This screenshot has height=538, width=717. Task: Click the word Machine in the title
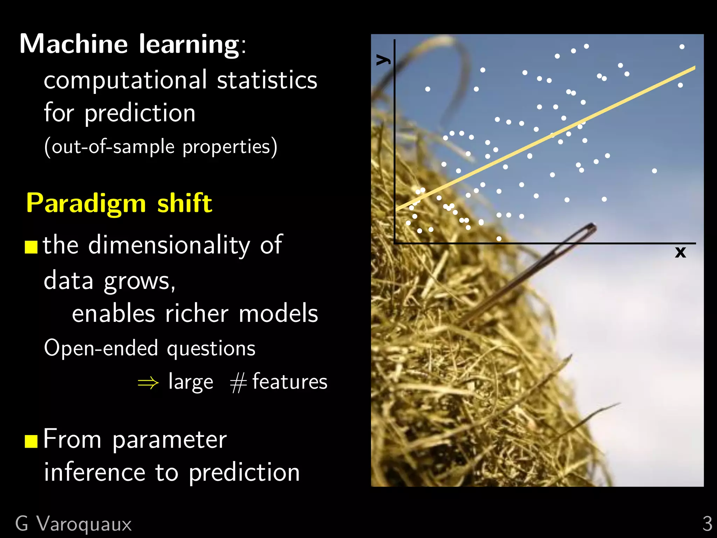74,44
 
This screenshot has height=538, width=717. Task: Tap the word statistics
267,80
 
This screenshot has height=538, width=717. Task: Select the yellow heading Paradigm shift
119,203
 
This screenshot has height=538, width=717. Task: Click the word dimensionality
169,245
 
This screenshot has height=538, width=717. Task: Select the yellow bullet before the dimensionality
31,247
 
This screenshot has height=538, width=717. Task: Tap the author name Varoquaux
84,524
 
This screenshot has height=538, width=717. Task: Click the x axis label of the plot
680,252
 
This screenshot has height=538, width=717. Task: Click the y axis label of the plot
383,60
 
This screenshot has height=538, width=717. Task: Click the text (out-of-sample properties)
161,147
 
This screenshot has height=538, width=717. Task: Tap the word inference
95,473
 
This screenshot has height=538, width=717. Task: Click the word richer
197,313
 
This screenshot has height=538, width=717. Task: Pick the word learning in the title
189,45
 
